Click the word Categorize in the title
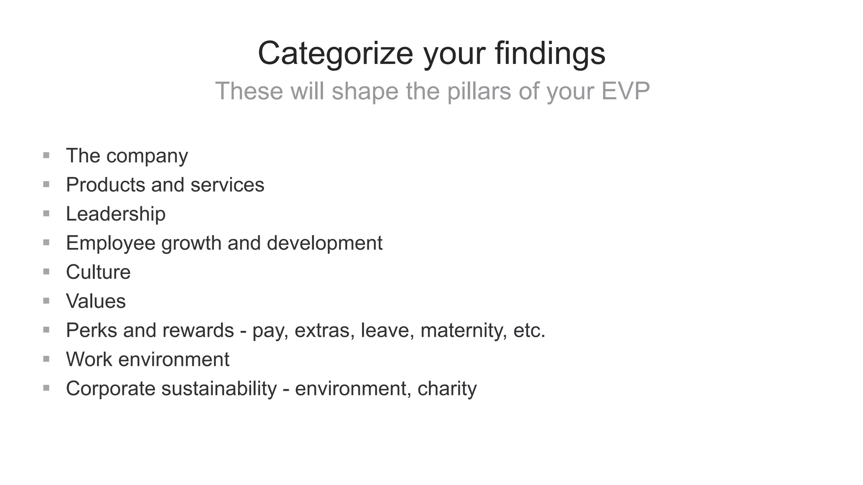[335, 53]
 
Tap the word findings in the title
[550, 53]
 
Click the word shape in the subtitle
[365, 91]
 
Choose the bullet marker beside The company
[46, 155]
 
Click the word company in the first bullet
[147, 156]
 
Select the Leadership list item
[115, 214]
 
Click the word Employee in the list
[111, 243]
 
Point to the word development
[324, 243]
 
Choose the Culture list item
[98, 272]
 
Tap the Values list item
[96, 301]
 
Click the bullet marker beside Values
[46, 301]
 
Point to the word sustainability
[219, 388]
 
